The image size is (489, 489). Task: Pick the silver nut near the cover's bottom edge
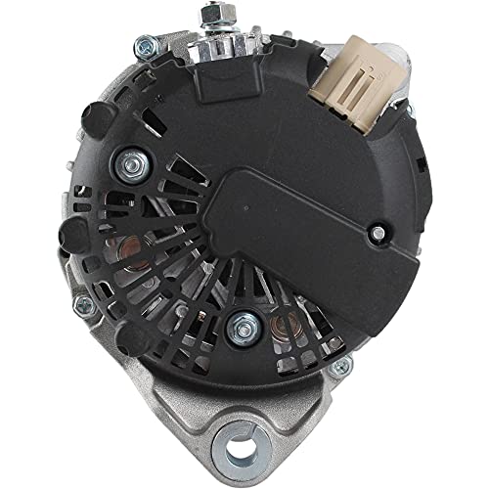click(x=238, y=328)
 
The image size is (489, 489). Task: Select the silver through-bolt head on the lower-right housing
click(x=341, y=369)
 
